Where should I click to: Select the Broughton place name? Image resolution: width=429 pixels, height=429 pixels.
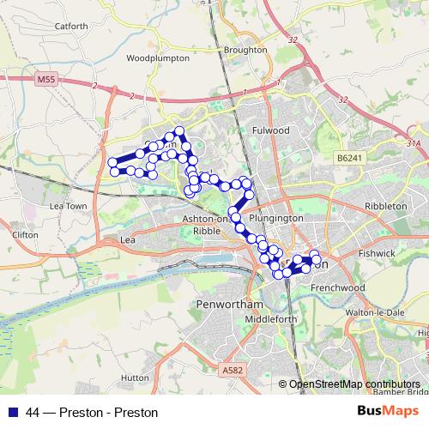point(245,50)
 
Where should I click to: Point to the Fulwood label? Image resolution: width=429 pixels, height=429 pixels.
point(272,130)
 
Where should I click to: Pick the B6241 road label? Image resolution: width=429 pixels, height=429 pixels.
point(350,159)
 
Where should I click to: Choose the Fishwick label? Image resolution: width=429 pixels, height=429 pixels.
point(378,255)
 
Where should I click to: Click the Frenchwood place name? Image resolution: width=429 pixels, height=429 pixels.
point(341,287)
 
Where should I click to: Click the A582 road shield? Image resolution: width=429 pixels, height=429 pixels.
point(230,370)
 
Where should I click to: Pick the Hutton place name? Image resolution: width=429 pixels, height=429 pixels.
point(136,377)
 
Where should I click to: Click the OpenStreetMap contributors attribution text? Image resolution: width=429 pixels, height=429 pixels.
point(354,385)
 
